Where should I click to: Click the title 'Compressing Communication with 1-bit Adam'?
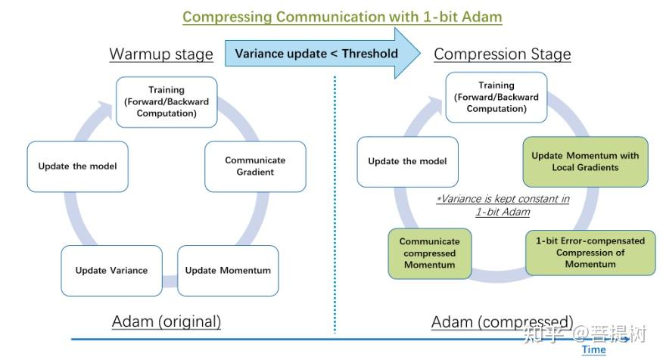(x=342, y=17)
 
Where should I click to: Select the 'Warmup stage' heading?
(x=161, y=54)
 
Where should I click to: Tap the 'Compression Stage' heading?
(x=503, y=54)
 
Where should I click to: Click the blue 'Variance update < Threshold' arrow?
(x=322, y=53)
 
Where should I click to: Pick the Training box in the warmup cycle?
(x=167, y=102)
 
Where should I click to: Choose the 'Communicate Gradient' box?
(x=255, y=166)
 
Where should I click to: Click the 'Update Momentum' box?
(x=228, y=271)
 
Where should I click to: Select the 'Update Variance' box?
(x=111, y=271)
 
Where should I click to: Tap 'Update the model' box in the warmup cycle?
(x=77, y=166)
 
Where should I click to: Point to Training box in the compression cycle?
(x=496, y=97)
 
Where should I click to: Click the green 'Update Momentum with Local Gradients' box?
(x=585, y=161)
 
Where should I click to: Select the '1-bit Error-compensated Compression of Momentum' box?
(x=590, y=253)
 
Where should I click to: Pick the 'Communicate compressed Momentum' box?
(x=430, y=253)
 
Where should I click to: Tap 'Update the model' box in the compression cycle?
(x=407, y=161)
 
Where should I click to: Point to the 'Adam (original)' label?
(x=167, y=321)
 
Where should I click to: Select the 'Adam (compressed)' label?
(x=502, y=322)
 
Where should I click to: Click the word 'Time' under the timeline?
(x=593, y=350)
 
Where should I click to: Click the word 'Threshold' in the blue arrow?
(x=370, y=54)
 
